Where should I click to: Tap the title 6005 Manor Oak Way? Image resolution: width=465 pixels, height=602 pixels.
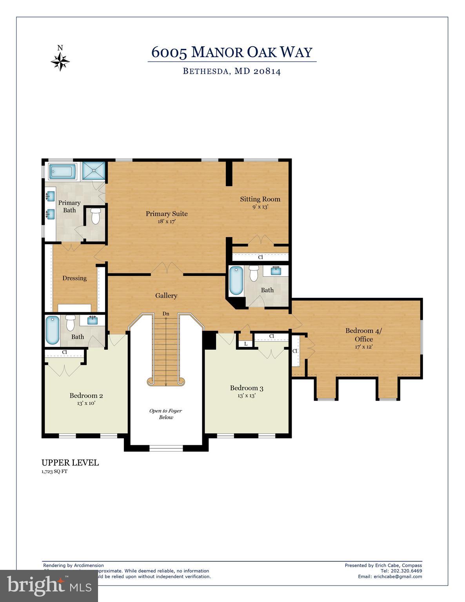232,52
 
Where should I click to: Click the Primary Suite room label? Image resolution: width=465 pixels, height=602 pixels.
167,214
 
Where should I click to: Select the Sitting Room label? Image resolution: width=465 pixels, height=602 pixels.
260,199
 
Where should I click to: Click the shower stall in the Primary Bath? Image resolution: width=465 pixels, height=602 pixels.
94,171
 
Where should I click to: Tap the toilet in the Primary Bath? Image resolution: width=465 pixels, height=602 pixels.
96,216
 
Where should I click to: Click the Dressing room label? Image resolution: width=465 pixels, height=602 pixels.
74,278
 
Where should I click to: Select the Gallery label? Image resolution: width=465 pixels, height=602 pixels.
166,296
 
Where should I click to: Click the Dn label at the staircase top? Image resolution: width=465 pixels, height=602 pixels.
166,314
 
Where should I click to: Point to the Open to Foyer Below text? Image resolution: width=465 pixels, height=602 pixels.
165,414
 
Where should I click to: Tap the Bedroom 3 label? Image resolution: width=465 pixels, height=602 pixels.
246,388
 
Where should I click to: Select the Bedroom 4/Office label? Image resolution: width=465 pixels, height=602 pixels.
363,335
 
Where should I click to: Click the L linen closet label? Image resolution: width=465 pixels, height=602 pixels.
246,344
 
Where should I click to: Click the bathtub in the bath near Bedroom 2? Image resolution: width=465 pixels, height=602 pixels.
53,330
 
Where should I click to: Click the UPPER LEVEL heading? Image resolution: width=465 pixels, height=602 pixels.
70,462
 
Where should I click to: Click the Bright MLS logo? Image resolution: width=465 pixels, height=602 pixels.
49,586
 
